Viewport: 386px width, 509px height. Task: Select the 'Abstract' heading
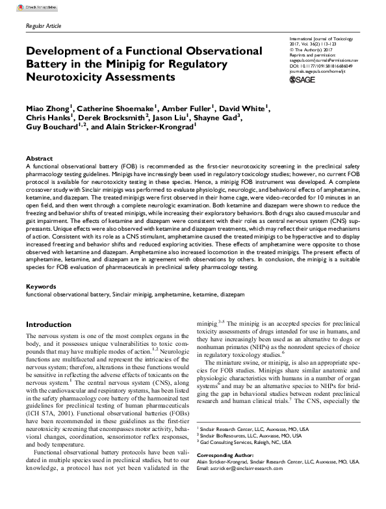tap(38, 159)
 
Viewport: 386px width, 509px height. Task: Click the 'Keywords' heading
tap(41, 287)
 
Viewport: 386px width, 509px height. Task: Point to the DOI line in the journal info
tap(321, 66)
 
